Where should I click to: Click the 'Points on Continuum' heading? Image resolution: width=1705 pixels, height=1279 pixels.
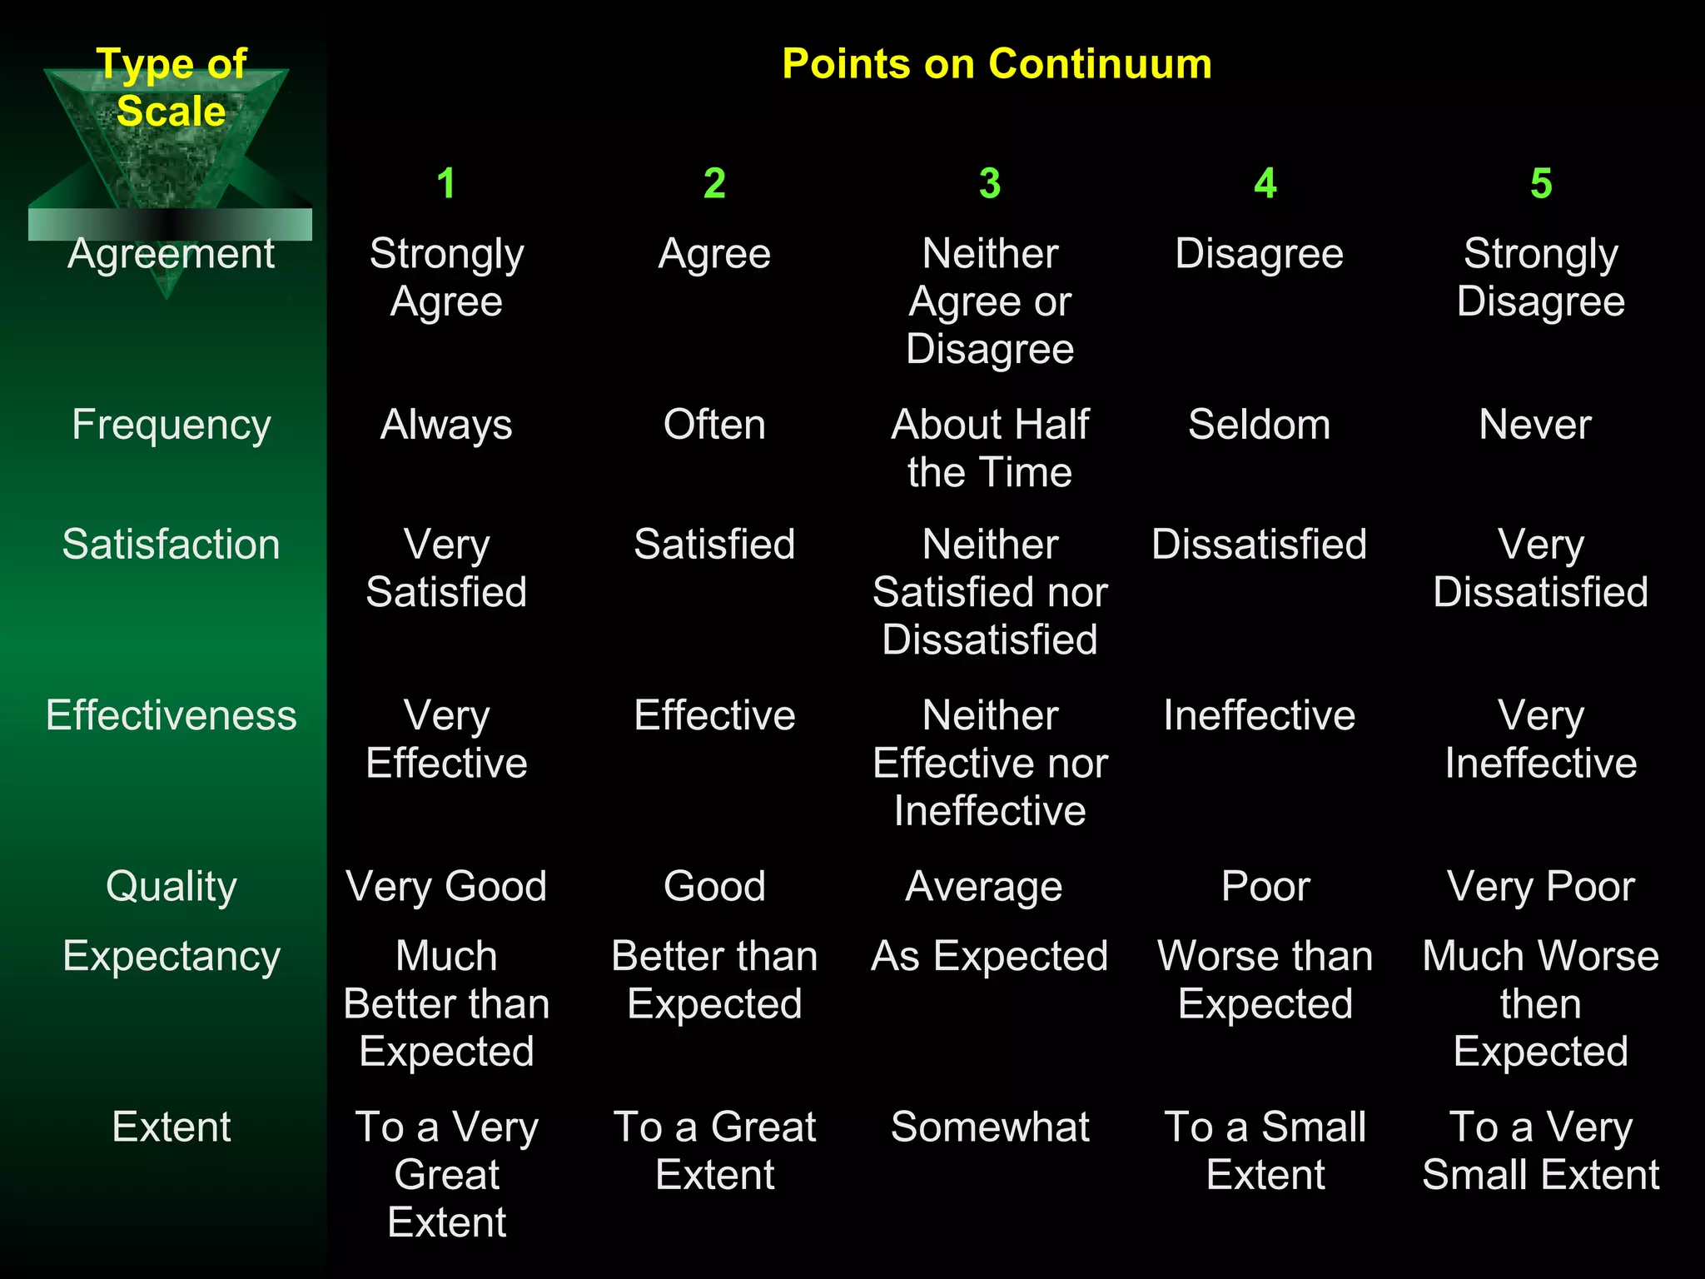point(997,64)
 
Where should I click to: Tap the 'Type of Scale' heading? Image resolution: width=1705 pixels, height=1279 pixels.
point(171,87)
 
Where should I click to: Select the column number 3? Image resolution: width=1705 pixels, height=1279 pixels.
point(989,183)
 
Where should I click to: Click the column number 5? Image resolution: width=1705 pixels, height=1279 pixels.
point(1541,183)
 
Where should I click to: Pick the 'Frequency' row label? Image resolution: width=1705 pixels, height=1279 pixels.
point(171,425)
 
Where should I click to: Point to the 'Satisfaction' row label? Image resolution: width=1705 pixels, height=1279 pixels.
point(171,545)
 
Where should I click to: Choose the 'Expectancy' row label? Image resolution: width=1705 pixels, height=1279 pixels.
point(171,956)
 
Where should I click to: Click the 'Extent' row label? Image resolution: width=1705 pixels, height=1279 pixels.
point(171,1127)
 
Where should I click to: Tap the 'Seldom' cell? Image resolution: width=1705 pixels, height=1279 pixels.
point(1259,425)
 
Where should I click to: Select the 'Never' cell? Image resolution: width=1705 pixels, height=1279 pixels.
point(1535,425)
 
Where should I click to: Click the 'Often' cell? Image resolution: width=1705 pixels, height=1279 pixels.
point(714,425)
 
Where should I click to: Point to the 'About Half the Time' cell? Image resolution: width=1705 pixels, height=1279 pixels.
point(990,448)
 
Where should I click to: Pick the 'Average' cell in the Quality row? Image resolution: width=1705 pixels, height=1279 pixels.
point(984,886)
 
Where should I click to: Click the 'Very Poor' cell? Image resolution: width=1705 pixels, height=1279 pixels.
point(1541,886)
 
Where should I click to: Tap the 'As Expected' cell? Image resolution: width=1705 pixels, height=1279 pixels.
point(990,956)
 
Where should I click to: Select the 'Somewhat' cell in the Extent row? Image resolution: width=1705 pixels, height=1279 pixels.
point(990,1127)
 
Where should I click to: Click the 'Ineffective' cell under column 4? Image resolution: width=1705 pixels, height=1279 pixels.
point(1259,715)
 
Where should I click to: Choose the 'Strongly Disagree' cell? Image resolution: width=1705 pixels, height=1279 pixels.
point(1541,277)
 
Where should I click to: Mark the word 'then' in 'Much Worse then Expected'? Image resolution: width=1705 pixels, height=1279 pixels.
point(1541,1004)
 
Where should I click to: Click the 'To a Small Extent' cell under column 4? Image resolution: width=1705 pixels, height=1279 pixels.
point(1265,1151)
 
